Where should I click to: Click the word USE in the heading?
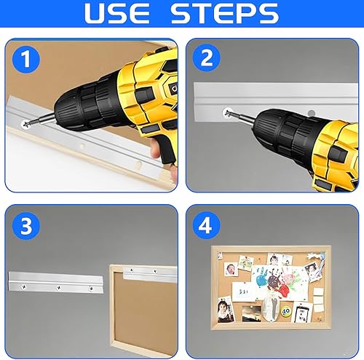[117, 13]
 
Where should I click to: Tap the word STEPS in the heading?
[225, 13]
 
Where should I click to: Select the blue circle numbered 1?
[26, 59]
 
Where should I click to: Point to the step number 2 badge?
[207, 58]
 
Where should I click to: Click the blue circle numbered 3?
[26, 226]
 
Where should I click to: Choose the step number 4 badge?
[207, 225]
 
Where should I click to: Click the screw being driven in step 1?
[25, 124]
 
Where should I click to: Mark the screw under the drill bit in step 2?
[227, 113]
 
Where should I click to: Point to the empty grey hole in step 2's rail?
[312, 113]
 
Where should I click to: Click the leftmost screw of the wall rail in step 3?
[24, 287]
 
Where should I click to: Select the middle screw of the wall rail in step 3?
[58, 288]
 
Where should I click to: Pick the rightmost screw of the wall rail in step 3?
[91, 289]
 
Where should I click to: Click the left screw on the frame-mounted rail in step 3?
[132, 270]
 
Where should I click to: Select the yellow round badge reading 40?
[286, 311]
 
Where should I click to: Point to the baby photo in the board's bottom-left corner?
[226, 309]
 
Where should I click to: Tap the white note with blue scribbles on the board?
[243, 291]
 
